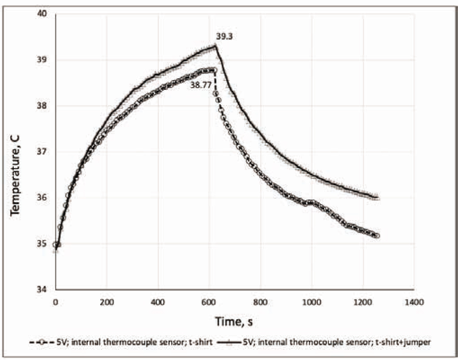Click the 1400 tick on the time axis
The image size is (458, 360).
pyautogui.click(x=413, y=302)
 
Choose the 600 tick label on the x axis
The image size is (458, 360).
pyautogui.click(x=209, y=302)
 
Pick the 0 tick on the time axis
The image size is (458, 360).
pyautogui.click(x=55, y=302)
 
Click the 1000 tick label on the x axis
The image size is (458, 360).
pyautogui.click(x=311, y=302)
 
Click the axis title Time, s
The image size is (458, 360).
pyautogui.click(x=234, y=321)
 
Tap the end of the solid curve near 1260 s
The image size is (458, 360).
pyautogui.click(x=378, y=198)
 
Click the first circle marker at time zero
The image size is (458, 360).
pyautogui.click(x=55, y=245)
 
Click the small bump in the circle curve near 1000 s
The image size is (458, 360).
pyautogui.click(x=311, y=202)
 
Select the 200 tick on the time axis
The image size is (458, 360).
pyautogui.click(x=106, y=302)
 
